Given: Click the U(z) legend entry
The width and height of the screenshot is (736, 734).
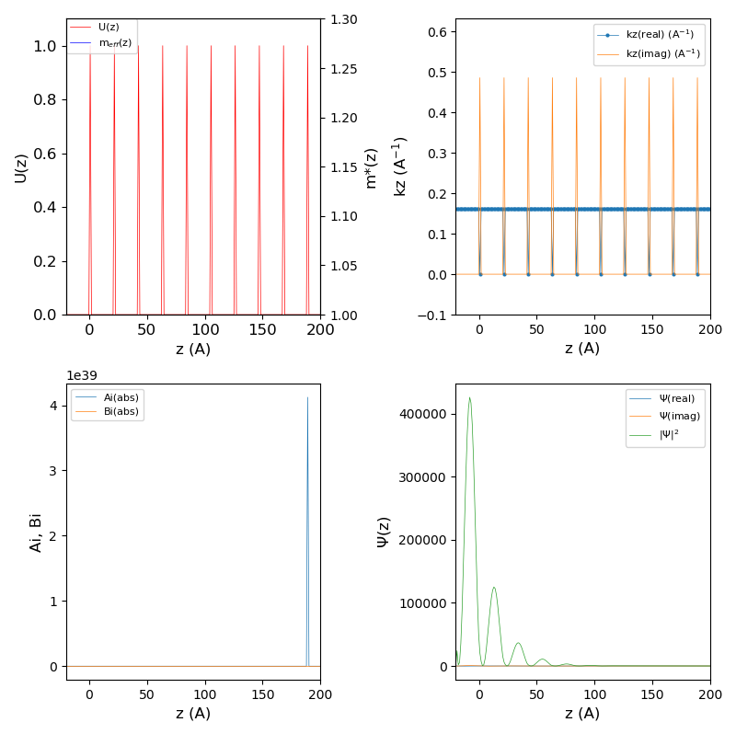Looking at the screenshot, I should pos(109,27).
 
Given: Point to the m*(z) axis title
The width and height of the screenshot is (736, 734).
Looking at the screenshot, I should pos(371,167).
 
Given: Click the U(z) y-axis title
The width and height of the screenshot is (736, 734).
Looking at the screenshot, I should pos(20,167).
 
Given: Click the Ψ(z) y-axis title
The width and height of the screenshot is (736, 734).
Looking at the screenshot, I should pos(383,533).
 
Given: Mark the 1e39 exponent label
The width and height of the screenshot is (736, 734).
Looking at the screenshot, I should pos(82,376).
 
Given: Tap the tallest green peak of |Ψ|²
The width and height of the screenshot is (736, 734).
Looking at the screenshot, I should pos(469,398).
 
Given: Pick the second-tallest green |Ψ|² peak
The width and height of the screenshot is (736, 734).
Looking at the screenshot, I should pos(494,588).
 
